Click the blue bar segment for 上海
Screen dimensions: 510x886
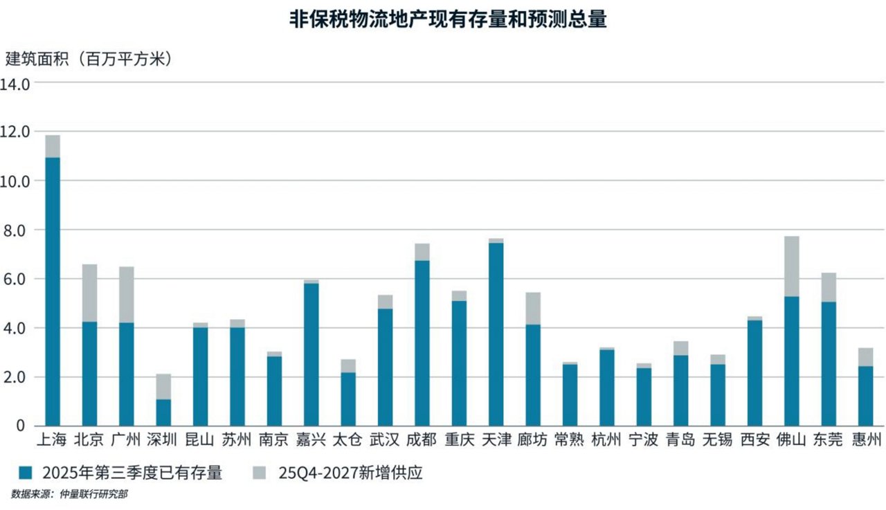tap(53, 291)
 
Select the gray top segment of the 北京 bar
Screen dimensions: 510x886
tap(89, 293)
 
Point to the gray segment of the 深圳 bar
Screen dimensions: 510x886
tap(163, 386)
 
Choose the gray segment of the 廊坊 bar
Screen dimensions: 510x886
tap(533, 309)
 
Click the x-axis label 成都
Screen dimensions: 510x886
tap(422, 439)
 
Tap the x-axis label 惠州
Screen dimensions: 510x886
tap(865, 439)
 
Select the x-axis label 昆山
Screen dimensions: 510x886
tap(200, 439)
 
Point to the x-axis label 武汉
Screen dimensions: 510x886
tap(385, 439)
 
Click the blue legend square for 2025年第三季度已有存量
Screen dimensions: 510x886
tap(26, 473)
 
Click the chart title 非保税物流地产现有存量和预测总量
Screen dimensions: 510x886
tap(448, 19)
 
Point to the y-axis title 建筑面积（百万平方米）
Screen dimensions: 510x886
tap(89, 59)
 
